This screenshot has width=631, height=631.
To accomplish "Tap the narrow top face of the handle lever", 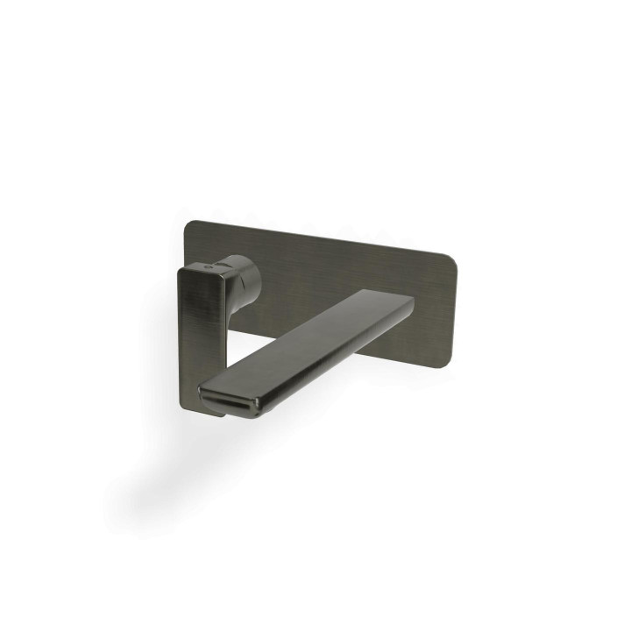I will [210, 270].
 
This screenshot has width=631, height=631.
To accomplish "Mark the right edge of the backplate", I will [450, 307].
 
